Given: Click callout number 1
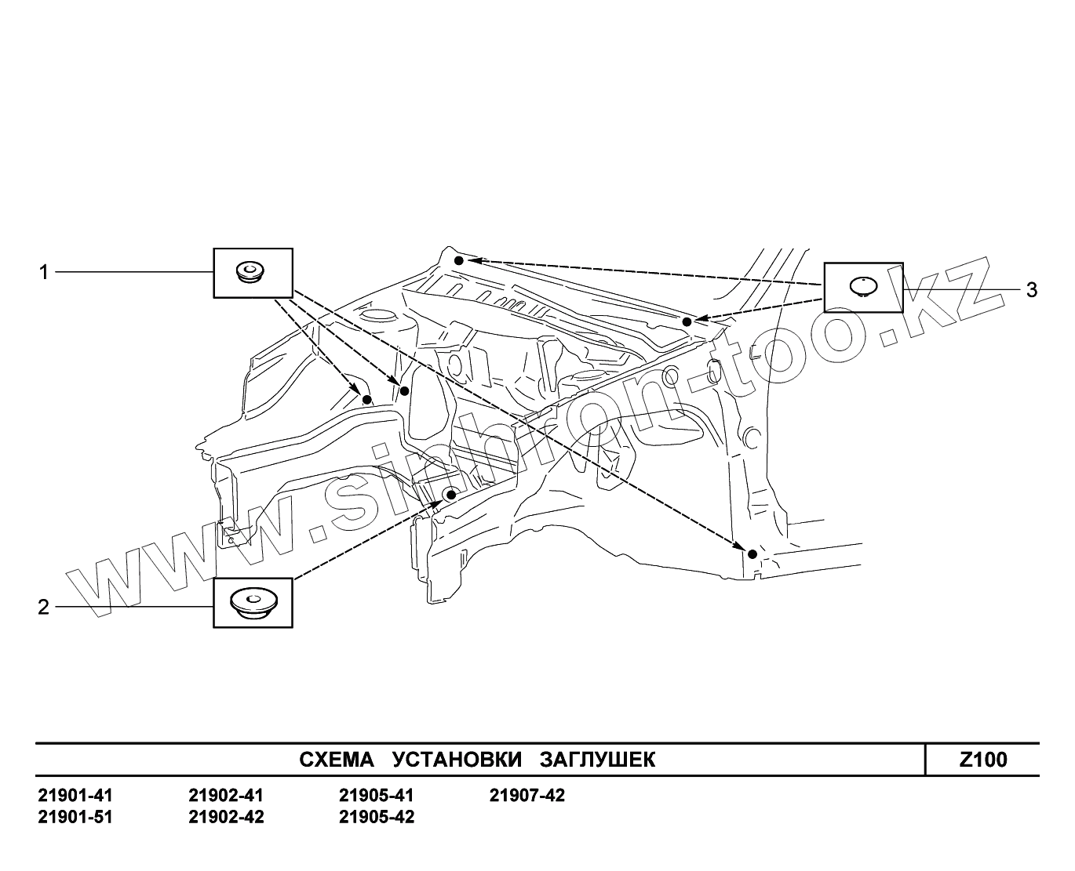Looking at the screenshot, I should pyautogui.click(x=45, y=272).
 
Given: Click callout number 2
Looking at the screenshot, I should pyautogui.click(x=45, y=607).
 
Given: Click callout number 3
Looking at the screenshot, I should pyautogui.click(x=1031, y=290).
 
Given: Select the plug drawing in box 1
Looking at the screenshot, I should pyautogui.click(x=251, y=273).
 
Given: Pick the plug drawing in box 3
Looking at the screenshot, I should pyautogui.click(x=863, y=287).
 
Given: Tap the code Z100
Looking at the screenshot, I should pyautogui.click(x=983, y=760).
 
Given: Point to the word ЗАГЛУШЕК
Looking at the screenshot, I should pyautogui.click(x=597, y=760).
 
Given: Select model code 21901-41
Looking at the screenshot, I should pyautogui.click(x=75, y=797).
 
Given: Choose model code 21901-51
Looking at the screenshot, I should pyautogui.click(x=75, y=818).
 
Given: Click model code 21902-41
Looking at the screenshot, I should pyautogui.click(x=226, y=797).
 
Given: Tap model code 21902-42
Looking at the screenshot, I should pyautogui.click(x=226, y=818).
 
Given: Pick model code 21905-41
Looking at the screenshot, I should pyautogui.click(x=377, y=797).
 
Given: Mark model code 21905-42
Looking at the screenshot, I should pyautogui.click(x=377, y=818).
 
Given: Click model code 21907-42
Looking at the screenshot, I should pyautogui.click(x=527, y=797).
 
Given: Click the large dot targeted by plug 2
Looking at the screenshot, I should pyautogui.click(x=450, y=495).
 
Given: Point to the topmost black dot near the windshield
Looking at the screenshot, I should pyautogui.click(x=459, y=259).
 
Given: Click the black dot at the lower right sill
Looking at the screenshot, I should pyautogui.click(x=752, y=554).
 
